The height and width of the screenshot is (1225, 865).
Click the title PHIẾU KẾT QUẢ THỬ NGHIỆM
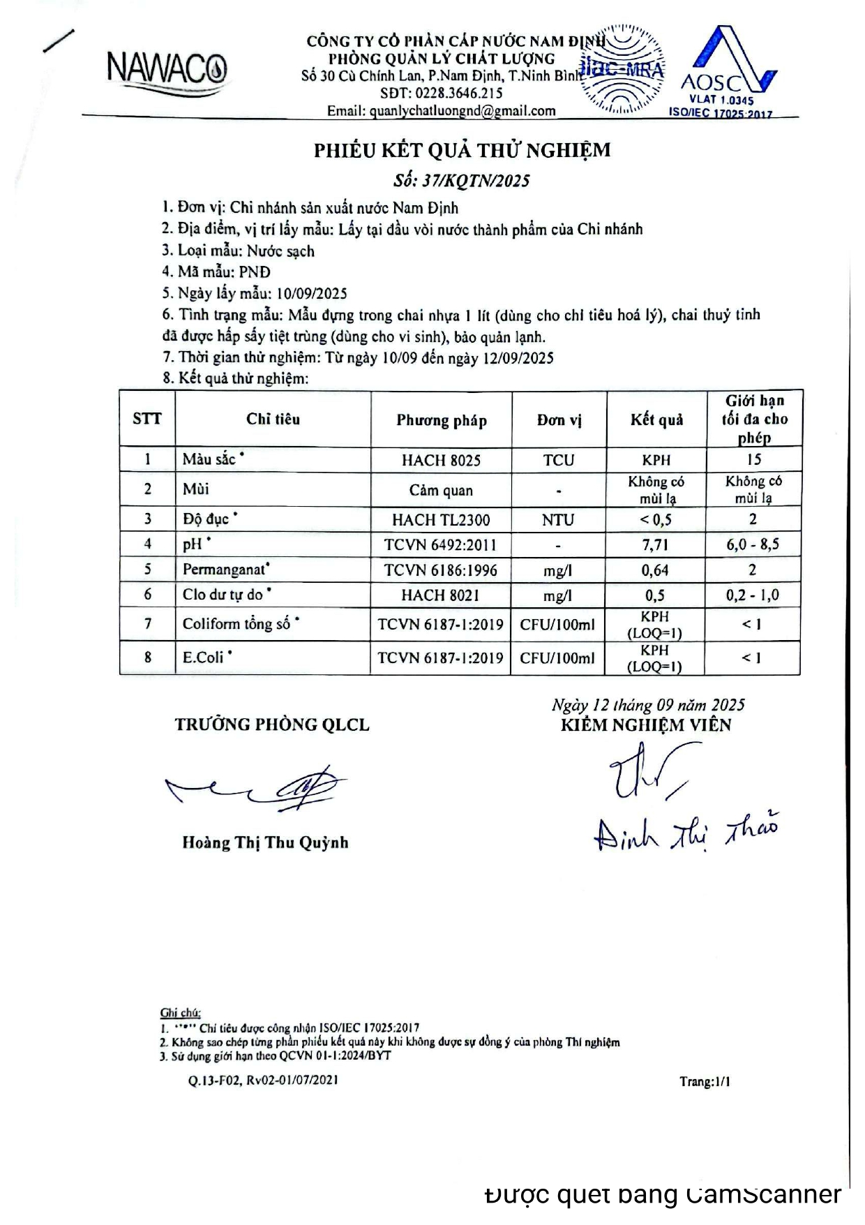(462, 151)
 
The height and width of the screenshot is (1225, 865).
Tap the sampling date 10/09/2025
(312, 294)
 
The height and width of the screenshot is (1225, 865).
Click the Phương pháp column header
(442, 420)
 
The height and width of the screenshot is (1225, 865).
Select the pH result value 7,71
(656, 544)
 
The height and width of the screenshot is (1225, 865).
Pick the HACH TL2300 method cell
(441, 520)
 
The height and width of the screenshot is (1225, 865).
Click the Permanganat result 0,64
(655, 570)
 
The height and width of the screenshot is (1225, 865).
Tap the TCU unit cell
(559, 461)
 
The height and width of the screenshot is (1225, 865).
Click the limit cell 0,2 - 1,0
(753, 595)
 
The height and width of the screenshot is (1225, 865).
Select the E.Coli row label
(203, 658)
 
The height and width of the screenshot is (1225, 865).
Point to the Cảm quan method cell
(441, 490)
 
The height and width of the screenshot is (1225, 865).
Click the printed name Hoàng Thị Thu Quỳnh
(265, 842)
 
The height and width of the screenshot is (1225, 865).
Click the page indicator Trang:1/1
(705, 1082)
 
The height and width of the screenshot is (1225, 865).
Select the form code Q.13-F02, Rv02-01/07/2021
(263, 1080)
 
